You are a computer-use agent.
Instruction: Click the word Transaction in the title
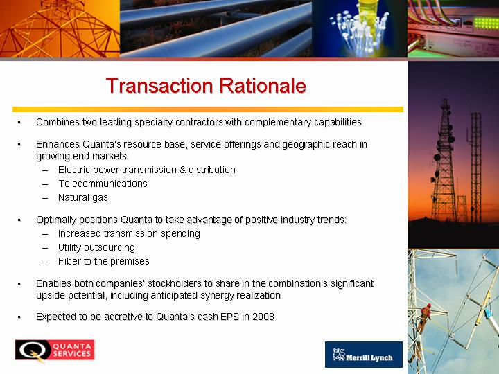coord(159,86)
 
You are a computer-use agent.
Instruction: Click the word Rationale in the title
coord(263,86)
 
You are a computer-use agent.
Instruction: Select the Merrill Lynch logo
coord(364,355)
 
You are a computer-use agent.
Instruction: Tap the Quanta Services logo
coord(55,350)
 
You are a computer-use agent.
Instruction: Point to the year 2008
coord(263,317)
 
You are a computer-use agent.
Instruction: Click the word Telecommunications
coord(103,184)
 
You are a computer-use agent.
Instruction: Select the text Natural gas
coord(83,198)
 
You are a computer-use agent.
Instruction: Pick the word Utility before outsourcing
coord(69,247)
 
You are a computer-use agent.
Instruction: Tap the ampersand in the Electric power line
coord(182,170)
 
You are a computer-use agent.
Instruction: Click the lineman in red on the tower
coord(425,317)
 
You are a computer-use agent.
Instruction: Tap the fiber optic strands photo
coord(360,28)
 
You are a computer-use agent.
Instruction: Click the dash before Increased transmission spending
coord(45,234)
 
